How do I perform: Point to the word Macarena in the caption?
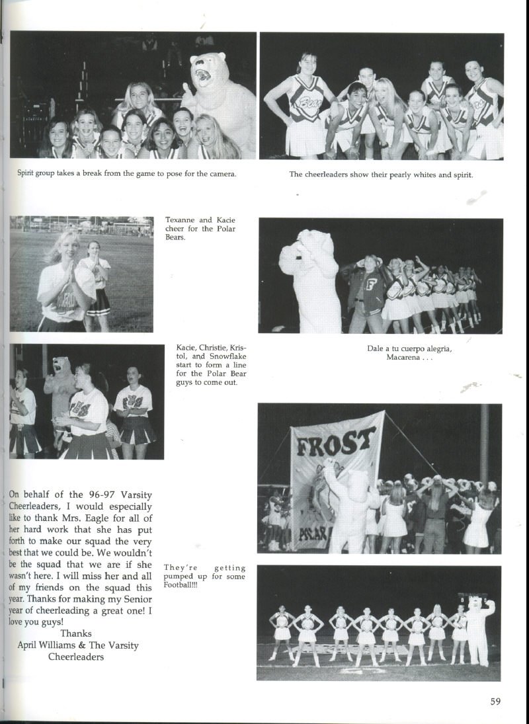(405, 358)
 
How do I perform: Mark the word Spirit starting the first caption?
(28, 174)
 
